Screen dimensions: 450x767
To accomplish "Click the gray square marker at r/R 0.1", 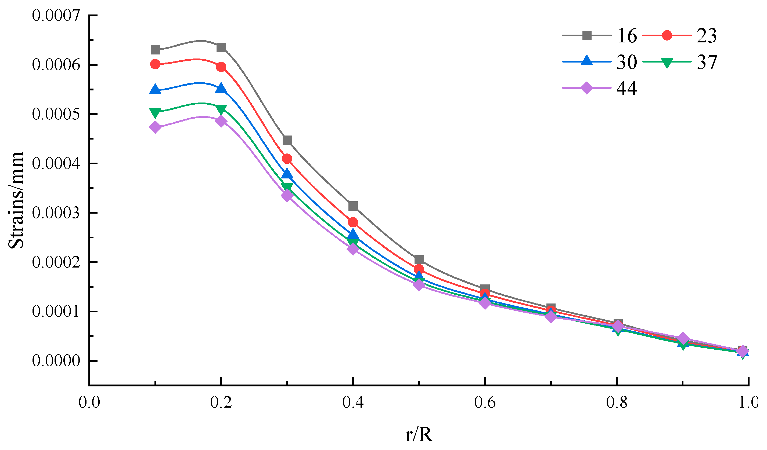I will [x=155, y=50].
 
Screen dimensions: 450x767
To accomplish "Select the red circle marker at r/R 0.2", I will [x=221, y=67].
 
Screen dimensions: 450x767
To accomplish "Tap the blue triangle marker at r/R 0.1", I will [x=155, y=89].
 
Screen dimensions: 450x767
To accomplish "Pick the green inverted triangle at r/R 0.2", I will [x=221, y=109].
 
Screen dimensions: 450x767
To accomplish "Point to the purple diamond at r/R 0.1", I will [x=155, y=127].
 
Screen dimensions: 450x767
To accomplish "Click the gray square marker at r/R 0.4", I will [x=353, y=206].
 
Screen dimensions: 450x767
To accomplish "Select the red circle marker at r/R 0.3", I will [x=287, y=159].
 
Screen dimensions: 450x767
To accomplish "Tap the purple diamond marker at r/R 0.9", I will [x=683, y=338].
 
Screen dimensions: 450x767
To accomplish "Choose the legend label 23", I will [x=707, y=36].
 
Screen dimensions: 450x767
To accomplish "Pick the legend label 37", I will [x=707, y=62].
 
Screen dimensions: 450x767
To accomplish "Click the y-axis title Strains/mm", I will [x=16, y=200].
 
